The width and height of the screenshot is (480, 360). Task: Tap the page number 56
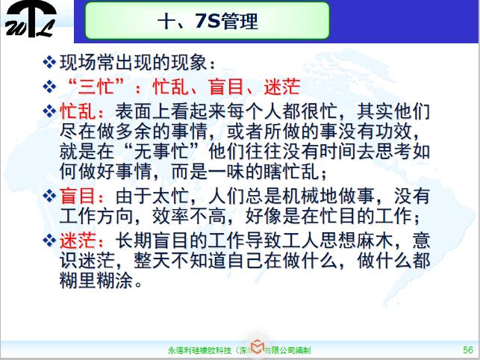[x=467, y=349]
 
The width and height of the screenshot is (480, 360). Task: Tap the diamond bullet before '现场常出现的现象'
[x=50, y=59]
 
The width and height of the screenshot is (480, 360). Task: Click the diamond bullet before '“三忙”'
[x=50, y=83]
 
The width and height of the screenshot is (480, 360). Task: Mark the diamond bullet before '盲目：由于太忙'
[x=50, y=197]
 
